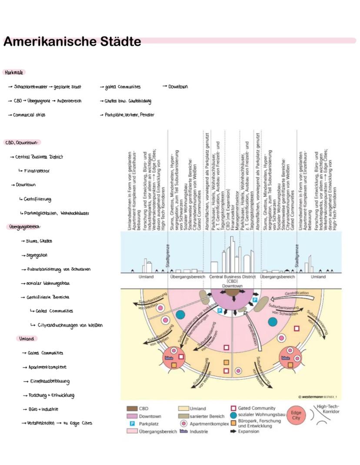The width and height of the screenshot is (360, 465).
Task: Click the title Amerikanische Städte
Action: (72, 42)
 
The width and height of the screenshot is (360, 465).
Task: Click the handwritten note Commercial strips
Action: (29, 115)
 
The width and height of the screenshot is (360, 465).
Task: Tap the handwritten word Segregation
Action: (37, 255)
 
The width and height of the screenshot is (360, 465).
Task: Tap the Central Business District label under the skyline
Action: (232, 277)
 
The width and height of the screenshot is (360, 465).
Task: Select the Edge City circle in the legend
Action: (296, 415)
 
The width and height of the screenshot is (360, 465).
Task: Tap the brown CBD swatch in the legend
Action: (132, 408)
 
